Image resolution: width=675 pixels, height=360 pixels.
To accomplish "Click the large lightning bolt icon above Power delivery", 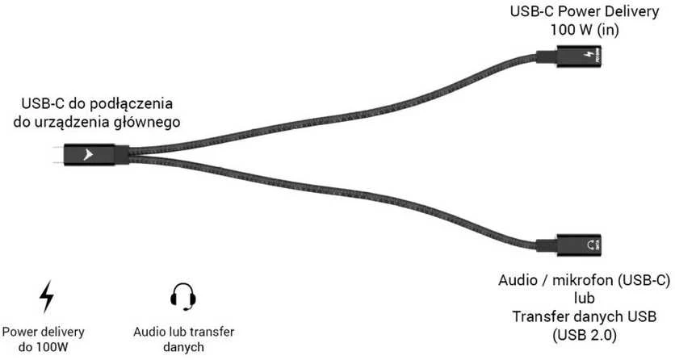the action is tap(47, 297).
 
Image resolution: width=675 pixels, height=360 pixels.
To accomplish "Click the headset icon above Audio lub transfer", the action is tap(183, 296).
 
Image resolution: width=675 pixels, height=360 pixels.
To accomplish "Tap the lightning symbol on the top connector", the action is tap(589, 55).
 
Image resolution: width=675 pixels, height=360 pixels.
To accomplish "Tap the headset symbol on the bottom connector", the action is tap(591, 245).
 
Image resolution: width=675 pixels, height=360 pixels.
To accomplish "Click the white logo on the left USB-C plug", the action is tap(88, 155).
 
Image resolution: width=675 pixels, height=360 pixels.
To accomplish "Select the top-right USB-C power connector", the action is tap(568, 56).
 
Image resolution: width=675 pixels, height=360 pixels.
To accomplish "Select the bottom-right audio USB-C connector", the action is tap(568, 245).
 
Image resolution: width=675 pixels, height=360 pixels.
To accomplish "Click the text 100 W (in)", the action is tap(585, 30).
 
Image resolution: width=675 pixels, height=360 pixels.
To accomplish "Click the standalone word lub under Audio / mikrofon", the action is tap(585, 298).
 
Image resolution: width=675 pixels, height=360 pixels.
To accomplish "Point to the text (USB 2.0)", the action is tap(585, 335).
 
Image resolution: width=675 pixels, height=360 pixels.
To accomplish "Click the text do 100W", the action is tap(43, 346).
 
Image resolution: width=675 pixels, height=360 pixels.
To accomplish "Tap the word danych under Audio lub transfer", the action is tap(183, 346).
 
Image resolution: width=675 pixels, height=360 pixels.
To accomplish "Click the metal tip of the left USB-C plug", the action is tap(59, 155).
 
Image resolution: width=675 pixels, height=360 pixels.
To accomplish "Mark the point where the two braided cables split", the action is tap(131, 155).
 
